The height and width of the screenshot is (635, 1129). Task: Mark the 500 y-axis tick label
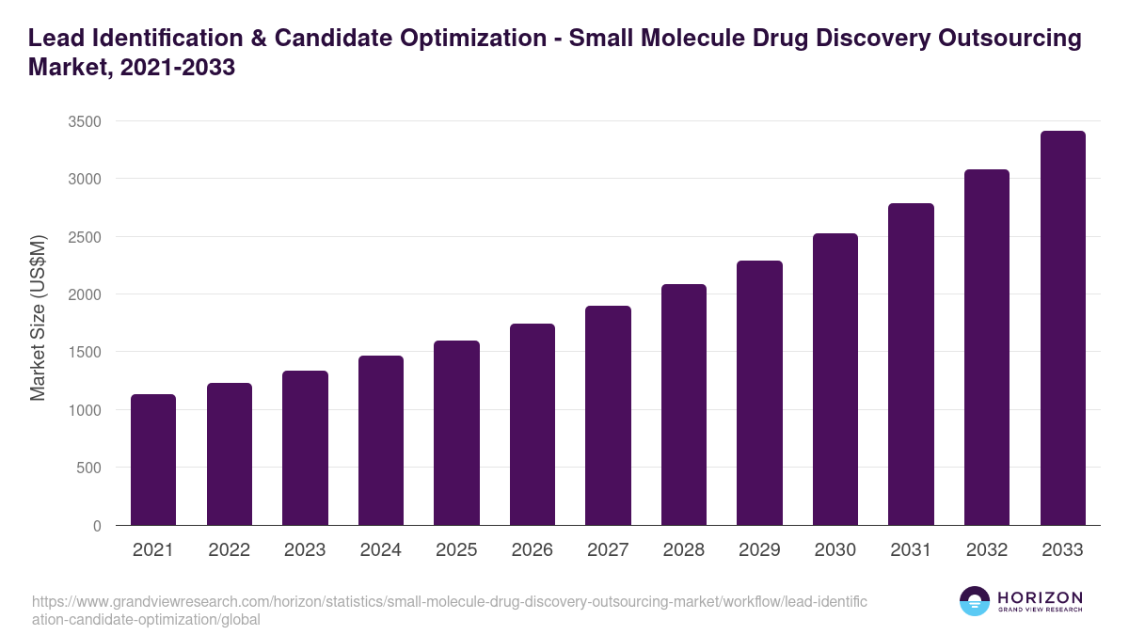(89, 468)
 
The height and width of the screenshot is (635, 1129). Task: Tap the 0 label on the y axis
(97, 526)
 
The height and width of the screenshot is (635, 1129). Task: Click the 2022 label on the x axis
(230, 550)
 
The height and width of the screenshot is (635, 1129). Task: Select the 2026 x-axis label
(533, 550)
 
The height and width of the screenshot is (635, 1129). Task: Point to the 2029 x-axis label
(759, 550)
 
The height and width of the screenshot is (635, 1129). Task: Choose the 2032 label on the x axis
(987, 550)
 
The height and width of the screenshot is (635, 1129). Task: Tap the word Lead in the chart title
(54, 39)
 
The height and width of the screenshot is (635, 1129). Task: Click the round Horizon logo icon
(975, 602)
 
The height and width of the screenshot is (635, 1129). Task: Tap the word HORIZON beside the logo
(1040, 597)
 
